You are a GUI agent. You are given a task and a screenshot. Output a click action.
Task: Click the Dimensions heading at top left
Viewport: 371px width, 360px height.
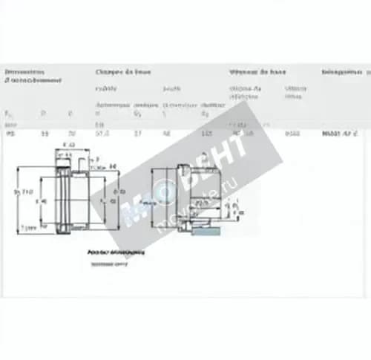(24, 72)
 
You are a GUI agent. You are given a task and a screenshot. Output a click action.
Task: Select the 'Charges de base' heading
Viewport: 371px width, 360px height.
(123, 72)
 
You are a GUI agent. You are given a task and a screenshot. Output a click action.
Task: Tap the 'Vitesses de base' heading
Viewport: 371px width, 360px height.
(257, 72)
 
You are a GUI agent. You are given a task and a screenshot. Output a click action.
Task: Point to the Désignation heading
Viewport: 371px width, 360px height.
(341, 72)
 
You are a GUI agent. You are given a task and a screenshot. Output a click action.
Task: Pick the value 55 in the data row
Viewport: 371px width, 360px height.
(45, 134)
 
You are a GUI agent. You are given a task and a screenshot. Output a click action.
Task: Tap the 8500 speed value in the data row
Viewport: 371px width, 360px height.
(292, 134)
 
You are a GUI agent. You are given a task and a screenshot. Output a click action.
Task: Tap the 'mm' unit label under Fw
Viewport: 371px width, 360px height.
(9, 124)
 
